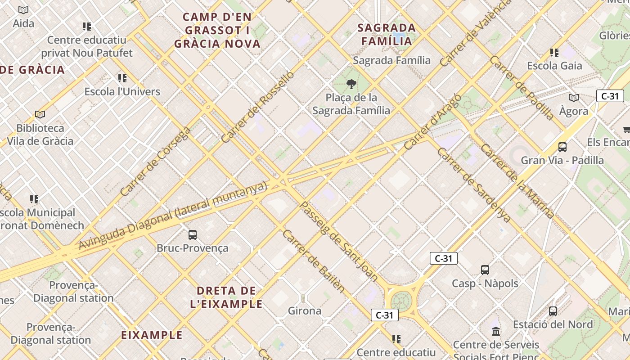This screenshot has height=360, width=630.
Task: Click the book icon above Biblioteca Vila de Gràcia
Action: (x=40, y=115)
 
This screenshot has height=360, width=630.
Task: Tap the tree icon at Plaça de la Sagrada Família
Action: (x=351, y=84)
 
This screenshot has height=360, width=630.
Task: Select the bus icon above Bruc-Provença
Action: (x=193, y=234)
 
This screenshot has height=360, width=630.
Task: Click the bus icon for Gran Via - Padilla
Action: (x=562, y=147)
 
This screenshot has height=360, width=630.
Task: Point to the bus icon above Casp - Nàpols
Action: (x=485, y=270)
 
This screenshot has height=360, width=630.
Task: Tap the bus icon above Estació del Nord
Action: (x=553, y=311)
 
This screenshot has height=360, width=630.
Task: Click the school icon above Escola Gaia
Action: (x=554, y=53)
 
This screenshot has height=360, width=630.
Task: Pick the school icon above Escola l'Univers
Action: (x=122, y=78)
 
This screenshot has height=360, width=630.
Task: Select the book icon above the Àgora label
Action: (x=573, y=98)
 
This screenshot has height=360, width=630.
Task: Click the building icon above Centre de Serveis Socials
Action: (x=496, y=332)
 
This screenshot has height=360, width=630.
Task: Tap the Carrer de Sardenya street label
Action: (x=474, y=184)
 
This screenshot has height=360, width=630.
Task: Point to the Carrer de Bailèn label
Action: (x=314, y=261)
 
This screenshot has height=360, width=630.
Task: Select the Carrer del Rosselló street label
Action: (x=258, y=107)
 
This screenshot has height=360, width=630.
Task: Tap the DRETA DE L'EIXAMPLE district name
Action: (x=226, y=297)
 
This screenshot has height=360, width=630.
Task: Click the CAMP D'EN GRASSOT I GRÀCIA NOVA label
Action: (x=217, y=31)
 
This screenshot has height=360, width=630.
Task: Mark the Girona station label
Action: (x=305, y=310)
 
